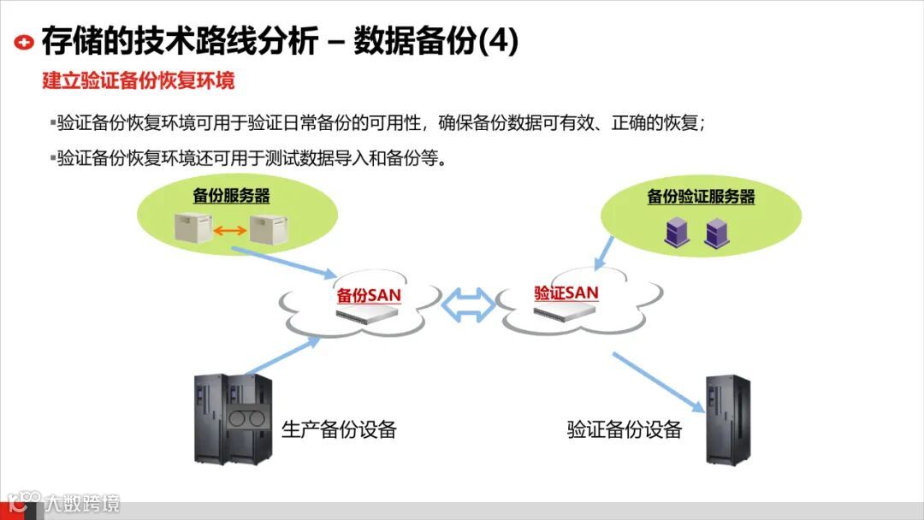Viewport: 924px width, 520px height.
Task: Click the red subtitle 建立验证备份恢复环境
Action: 139,81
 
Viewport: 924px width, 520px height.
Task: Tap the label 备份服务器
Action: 231,196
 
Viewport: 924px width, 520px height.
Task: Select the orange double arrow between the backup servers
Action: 230,229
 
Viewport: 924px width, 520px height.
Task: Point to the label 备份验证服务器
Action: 701,197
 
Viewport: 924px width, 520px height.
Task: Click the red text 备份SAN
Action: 369,296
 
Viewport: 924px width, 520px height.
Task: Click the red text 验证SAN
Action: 566,292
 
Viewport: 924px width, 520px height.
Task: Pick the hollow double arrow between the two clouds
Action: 470,304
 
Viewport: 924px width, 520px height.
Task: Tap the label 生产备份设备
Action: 339,429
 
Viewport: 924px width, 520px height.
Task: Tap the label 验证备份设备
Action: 625,429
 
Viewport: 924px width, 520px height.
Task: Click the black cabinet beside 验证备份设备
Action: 727,419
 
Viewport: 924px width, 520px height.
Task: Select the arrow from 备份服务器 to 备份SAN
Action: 285,263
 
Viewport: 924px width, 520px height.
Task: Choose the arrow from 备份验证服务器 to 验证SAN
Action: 604,250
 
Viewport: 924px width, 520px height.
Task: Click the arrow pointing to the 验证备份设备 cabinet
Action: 657,382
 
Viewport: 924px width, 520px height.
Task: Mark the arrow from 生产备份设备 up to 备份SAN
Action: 282,356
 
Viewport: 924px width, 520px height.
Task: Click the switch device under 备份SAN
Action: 369,314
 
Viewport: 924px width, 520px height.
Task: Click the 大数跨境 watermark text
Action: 82,504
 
